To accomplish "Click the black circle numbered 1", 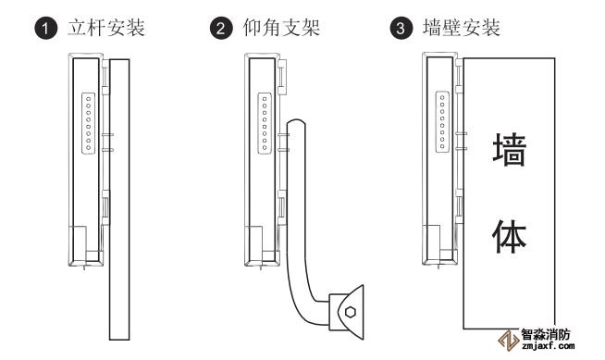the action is (x=46, y=29).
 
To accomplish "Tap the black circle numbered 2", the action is (x=221, y=29).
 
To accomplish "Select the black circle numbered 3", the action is (x=401, y=29).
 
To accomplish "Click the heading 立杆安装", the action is (x=106, y=28).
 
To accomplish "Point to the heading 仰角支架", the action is (x=281, y=28).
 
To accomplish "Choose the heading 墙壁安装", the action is (x=462, y=28).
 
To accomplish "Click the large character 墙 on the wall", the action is (x=510, y=150).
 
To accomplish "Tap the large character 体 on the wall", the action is (x=510, y=236).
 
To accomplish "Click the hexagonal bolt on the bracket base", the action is (x=351, y=312).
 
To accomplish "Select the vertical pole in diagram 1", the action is (x=119, y=200).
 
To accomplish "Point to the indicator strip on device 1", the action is (x=89, y=123).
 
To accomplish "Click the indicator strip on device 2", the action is (x=265, y=123).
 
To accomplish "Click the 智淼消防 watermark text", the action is (x=545, y=334).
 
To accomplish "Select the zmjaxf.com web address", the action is (x=548, y=346).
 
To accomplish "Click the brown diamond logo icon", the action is (x=508, y=341).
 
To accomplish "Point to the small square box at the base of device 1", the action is (x=77, y=243).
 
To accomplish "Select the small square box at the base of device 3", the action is (x=431, y=243).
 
